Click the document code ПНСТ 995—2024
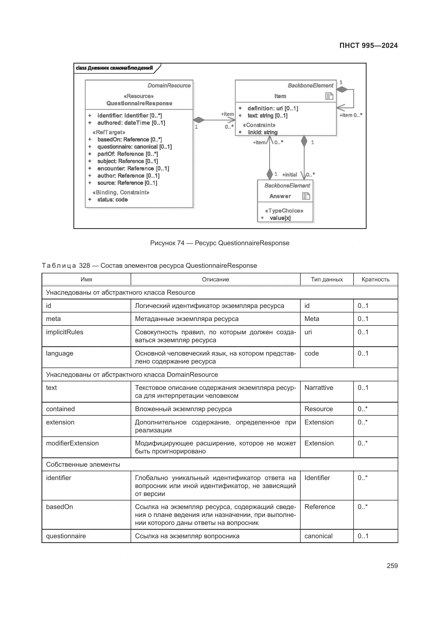(368, 45)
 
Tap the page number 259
(392, 566)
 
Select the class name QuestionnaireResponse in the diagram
(139, 103)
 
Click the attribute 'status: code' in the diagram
(113, 200)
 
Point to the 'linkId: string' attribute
(262, 132)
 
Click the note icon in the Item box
(329, 96)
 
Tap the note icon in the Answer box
(306, 196)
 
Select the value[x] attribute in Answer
(280, 218)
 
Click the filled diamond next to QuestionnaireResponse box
(199, 120)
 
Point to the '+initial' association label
(289, 175)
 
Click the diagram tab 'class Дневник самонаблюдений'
(114, 68)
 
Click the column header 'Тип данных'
(326, 279)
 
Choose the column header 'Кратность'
(375, 279)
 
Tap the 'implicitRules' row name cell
(65, 332)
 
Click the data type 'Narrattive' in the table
(319, 388)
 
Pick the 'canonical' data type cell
(318, 536)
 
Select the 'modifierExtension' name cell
(72, 443)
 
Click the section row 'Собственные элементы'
(83, 465)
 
